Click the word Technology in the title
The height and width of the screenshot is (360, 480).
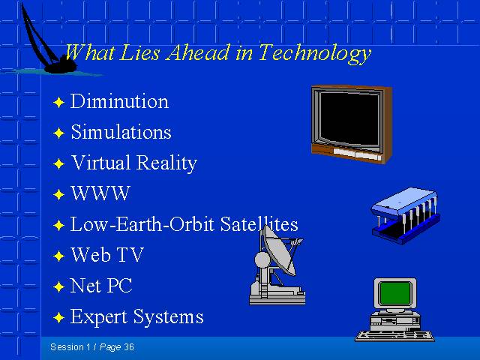click(315, 54)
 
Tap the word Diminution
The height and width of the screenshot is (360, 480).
click(119, 101)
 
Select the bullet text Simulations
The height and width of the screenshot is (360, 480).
click(121, 132)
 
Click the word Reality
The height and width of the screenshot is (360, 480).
click(166, 163)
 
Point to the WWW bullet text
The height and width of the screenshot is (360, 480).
click(100, 193)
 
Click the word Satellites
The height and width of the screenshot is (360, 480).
click(259, 223)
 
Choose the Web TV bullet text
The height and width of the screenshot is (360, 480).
click(107, 254)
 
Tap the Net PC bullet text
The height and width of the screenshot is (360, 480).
click(101, 285)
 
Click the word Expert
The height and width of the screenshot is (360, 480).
click(99, 316)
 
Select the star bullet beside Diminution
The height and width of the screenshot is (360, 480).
click(58, 102)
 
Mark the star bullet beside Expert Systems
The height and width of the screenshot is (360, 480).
click(58, 317)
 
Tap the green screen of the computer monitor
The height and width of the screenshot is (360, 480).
click(395, 293)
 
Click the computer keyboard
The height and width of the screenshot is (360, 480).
click(394, 336)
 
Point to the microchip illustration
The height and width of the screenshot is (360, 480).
click(405, 216)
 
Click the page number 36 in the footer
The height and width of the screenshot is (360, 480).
click(129, 346)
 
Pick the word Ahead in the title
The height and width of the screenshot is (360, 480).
click(198, 52)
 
